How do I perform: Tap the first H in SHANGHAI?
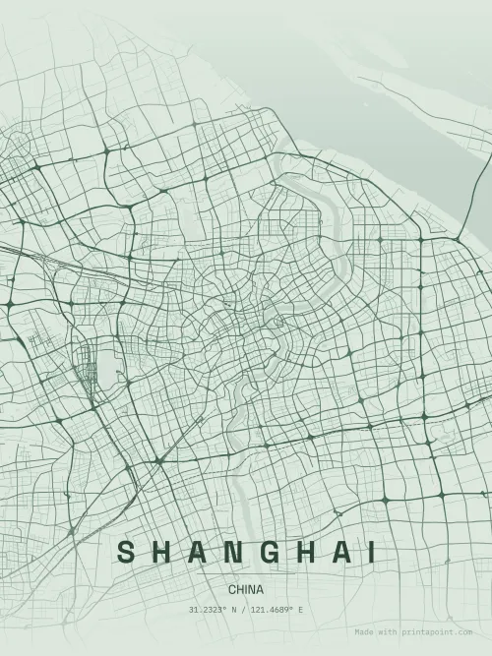pyautogui.click(x=162, y=552)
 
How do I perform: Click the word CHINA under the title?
pyautogui.click(x=246, y=589)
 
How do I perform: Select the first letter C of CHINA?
pyautogui.click(x=231, y=589)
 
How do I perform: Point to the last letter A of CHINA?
pyautogui.click(x=260, y=589)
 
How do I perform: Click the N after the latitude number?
pyautogui.click(x=236, y=610)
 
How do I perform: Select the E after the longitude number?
pyautogui.click(x=300, y=610)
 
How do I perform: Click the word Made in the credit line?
pyautogui.click(x=364, y=632)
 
